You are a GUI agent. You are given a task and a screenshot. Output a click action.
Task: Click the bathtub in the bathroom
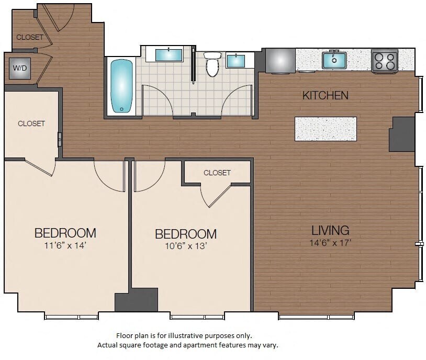(x=121, y=85)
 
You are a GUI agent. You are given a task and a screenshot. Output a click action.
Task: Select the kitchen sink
(x=334, y=60)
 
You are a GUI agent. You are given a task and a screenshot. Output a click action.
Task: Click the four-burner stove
(x=385, y=61)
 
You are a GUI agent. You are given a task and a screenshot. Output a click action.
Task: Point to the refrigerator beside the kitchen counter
(x=280, y=60)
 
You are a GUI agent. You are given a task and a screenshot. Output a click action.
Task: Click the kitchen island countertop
(x=326, y=129)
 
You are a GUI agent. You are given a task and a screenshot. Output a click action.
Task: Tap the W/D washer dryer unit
(x=20, y=68)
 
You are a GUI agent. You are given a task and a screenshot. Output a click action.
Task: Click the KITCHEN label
(x=325, y=95)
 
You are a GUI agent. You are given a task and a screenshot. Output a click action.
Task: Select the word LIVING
(x=330, y=230)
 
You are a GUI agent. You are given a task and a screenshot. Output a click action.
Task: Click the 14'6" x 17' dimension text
(x=330, y=242)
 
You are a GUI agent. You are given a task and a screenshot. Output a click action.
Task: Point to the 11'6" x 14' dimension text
(x=65, y=244)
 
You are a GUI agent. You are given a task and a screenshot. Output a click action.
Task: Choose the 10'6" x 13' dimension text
(x=186, y=246)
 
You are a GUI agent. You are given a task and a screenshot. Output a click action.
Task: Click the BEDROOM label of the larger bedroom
(x=65, y=233)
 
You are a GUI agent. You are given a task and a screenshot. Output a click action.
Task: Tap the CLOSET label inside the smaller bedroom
(x=217, y=173)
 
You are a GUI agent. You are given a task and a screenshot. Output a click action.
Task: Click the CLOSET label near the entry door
(x=30, y=37)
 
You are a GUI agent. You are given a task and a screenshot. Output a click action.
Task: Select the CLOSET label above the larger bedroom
(x=31, y=124)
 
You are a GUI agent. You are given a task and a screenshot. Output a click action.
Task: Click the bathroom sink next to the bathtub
(x=169, y=55)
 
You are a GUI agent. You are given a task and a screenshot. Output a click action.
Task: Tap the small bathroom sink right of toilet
(x=236, y=61)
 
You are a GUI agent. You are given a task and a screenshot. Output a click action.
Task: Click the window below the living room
(x=316, y=316)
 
